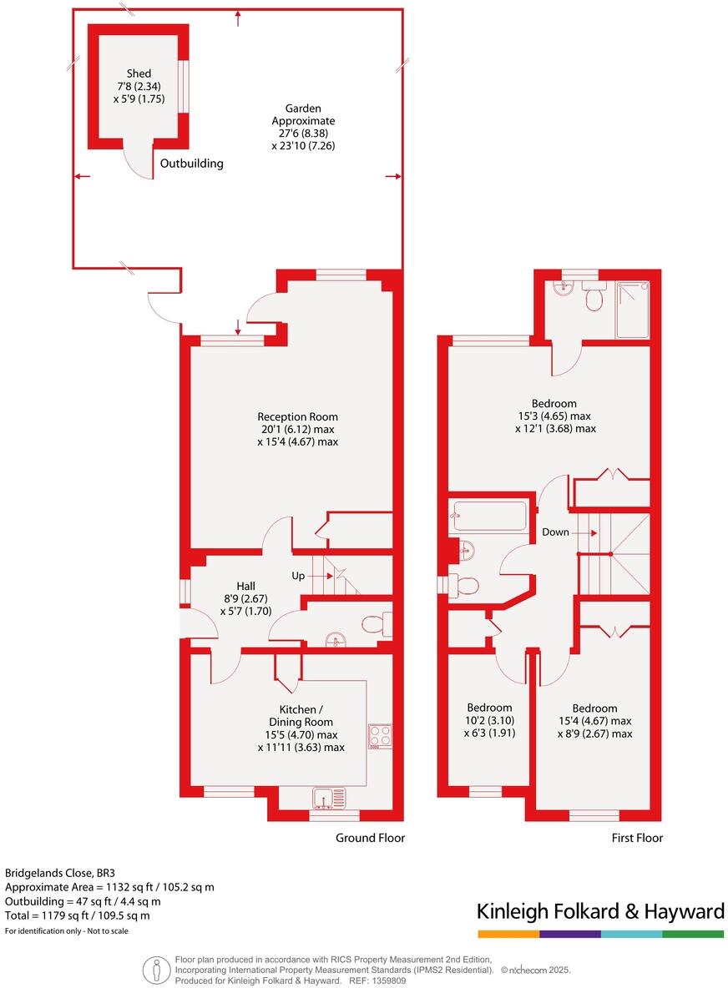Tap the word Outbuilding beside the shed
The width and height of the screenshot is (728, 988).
[x=192, y=164]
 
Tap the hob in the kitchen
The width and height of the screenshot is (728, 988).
[x=379, y=735]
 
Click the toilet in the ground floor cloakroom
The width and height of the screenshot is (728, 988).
[x=376, y=623]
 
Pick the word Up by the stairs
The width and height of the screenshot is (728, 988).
[x=298, y=576]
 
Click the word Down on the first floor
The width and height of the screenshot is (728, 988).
[x=555, y=532]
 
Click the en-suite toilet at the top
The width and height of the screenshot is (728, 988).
[x=594, y=296]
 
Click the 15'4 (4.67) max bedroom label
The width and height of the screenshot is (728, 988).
[x=594, y=721]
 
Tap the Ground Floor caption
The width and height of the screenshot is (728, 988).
[x=370, y=838]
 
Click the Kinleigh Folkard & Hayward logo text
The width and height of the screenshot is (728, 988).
[x=600, y=912]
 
